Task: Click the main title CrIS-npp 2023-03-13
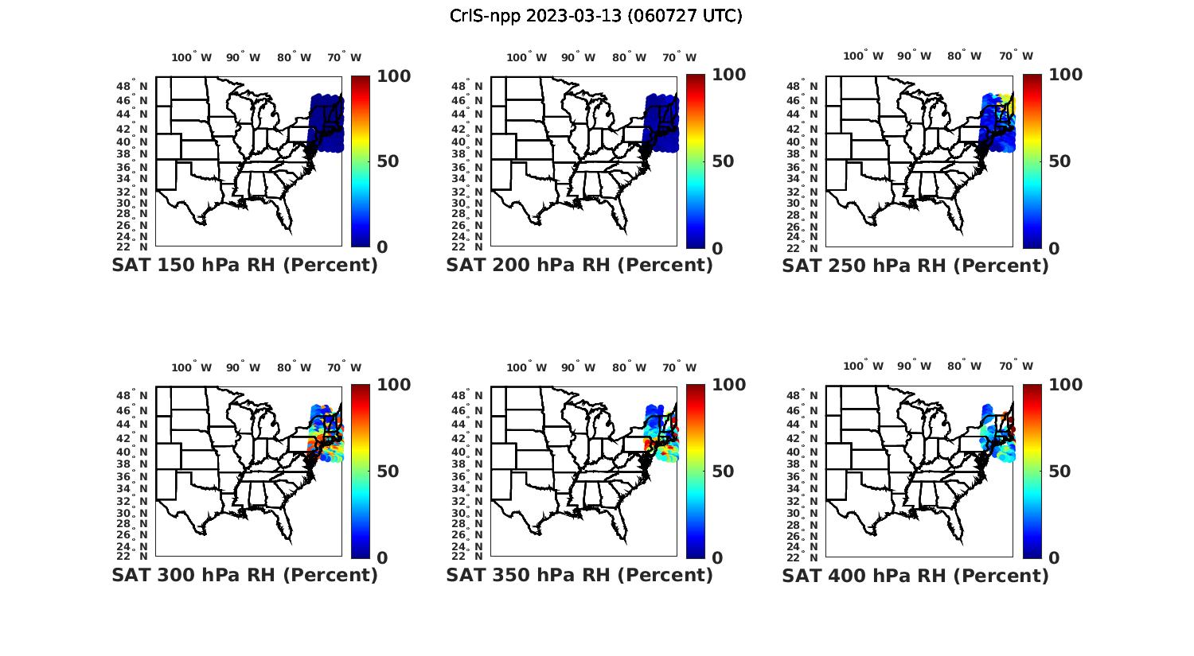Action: click(595, 16)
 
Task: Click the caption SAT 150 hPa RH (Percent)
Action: click(244, 266)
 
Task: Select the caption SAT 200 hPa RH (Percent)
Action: click(579, 266)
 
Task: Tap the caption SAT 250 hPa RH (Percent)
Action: click(915, 266)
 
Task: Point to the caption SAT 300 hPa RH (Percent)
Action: click(244, 575)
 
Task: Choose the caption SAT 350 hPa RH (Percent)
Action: click(579, 575)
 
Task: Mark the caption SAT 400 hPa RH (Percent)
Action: click(915, 575)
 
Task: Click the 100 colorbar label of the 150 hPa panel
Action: click(393, 76)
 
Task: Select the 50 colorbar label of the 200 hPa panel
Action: click(723, 161)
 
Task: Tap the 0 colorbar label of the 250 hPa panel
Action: click(1054, 248)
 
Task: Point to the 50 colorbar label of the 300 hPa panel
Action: click(388, 472)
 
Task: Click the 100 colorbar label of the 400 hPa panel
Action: click(1064, 386)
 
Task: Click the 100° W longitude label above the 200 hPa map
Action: click(526, 57)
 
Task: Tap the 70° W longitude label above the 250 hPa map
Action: click(1016, 56)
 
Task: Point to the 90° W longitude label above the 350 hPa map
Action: click(578, 367)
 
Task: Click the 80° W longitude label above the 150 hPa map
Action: click(295, 57)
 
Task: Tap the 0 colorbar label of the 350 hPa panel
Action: click(717, 558)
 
